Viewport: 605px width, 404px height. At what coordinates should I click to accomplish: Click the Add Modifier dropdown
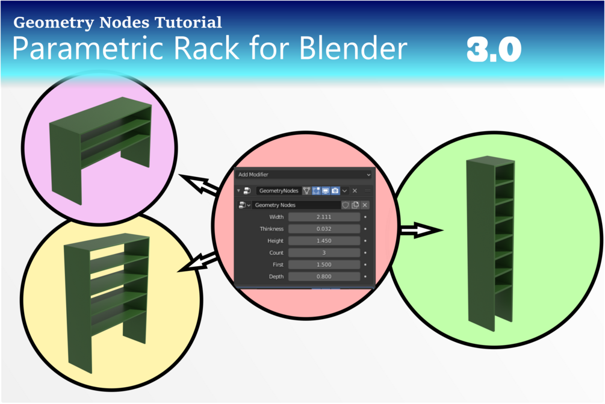coord(304,175)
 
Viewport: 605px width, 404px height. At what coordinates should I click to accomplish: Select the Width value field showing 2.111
coord(324,217)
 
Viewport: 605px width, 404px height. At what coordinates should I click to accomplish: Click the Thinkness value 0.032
coord(324,229)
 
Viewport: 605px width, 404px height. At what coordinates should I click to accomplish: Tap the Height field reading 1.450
coord(324,241)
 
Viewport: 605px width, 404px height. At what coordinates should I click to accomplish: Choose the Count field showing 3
coord(324,253)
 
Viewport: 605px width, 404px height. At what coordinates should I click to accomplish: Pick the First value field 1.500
coord(324,265)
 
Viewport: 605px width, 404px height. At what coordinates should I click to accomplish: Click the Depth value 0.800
coord(324,277)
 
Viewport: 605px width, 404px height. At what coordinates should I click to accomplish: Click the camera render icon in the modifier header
coord(335,191)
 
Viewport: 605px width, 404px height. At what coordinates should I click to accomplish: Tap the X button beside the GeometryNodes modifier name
coord(355,191)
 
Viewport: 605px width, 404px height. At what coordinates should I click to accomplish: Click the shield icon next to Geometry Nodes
coord(346,205)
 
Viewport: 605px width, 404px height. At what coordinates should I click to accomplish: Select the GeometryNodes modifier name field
coord(278,191)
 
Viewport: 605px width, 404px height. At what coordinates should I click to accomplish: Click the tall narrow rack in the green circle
coord(489,241)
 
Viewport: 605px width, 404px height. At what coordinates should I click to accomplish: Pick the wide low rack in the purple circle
coord(99,148)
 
